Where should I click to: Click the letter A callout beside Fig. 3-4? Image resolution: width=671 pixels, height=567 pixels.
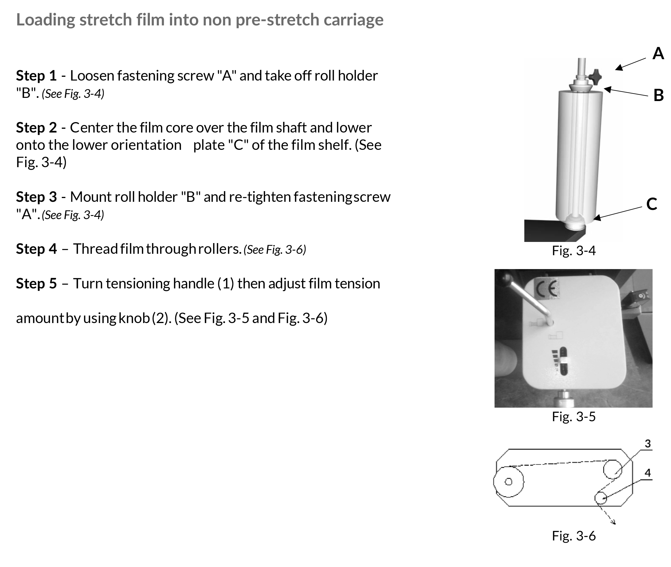click(658, 53)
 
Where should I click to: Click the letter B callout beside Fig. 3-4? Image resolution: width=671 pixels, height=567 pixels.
click(659, 96)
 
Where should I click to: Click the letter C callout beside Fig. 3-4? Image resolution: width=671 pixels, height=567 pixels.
click(651, 204)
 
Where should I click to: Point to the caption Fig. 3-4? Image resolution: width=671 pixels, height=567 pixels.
click(574, 251)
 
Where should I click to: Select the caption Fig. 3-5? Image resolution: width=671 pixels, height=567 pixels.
click(574, 417)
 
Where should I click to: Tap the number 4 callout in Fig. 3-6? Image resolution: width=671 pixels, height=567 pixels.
click(648, 473)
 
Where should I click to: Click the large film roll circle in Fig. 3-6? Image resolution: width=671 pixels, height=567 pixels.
click(508, 482)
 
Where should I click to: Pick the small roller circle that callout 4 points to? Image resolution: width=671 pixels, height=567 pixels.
click(601, 498)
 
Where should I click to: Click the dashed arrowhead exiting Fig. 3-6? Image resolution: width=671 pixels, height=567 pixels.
click(614, 522)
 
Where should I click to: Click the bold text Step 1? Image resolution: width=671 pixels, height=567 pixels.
click(36, 76)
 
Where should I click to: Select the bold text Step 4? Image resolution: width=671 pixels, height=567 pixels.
click(36, 249)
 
